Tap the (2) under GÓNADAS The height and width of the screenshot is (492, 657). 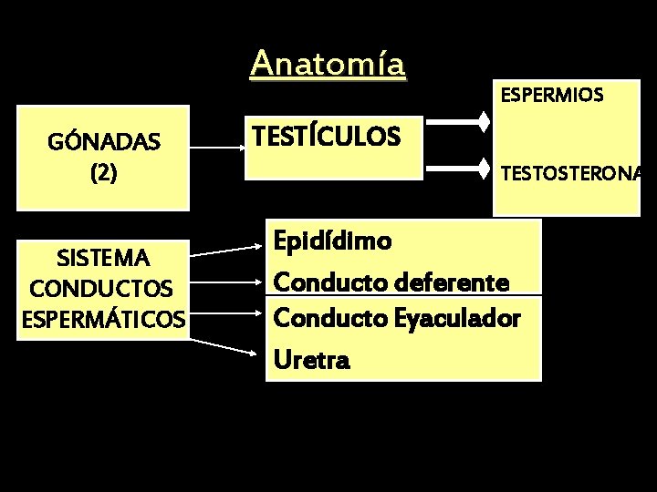pyautogui.click(x=104, y=173)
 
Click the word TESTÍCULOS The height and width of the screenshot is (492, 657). pyautogui.click(x=325, y=137)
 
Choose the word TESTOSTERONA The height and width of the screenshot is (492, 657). pyautogui.click(x=570, y=172)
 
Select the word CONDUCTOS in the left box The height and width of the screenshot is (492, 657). pyautogui.click(x=100, y=288)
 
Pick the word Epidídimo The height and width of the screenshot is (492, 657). pyautogui.click(x=333, y=241)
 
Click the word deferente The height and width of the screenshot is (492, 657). pyautogui.click(x=452, y=282)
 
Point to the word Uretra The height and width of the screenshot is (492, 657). pyautogui.click(x=310, y=361)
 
